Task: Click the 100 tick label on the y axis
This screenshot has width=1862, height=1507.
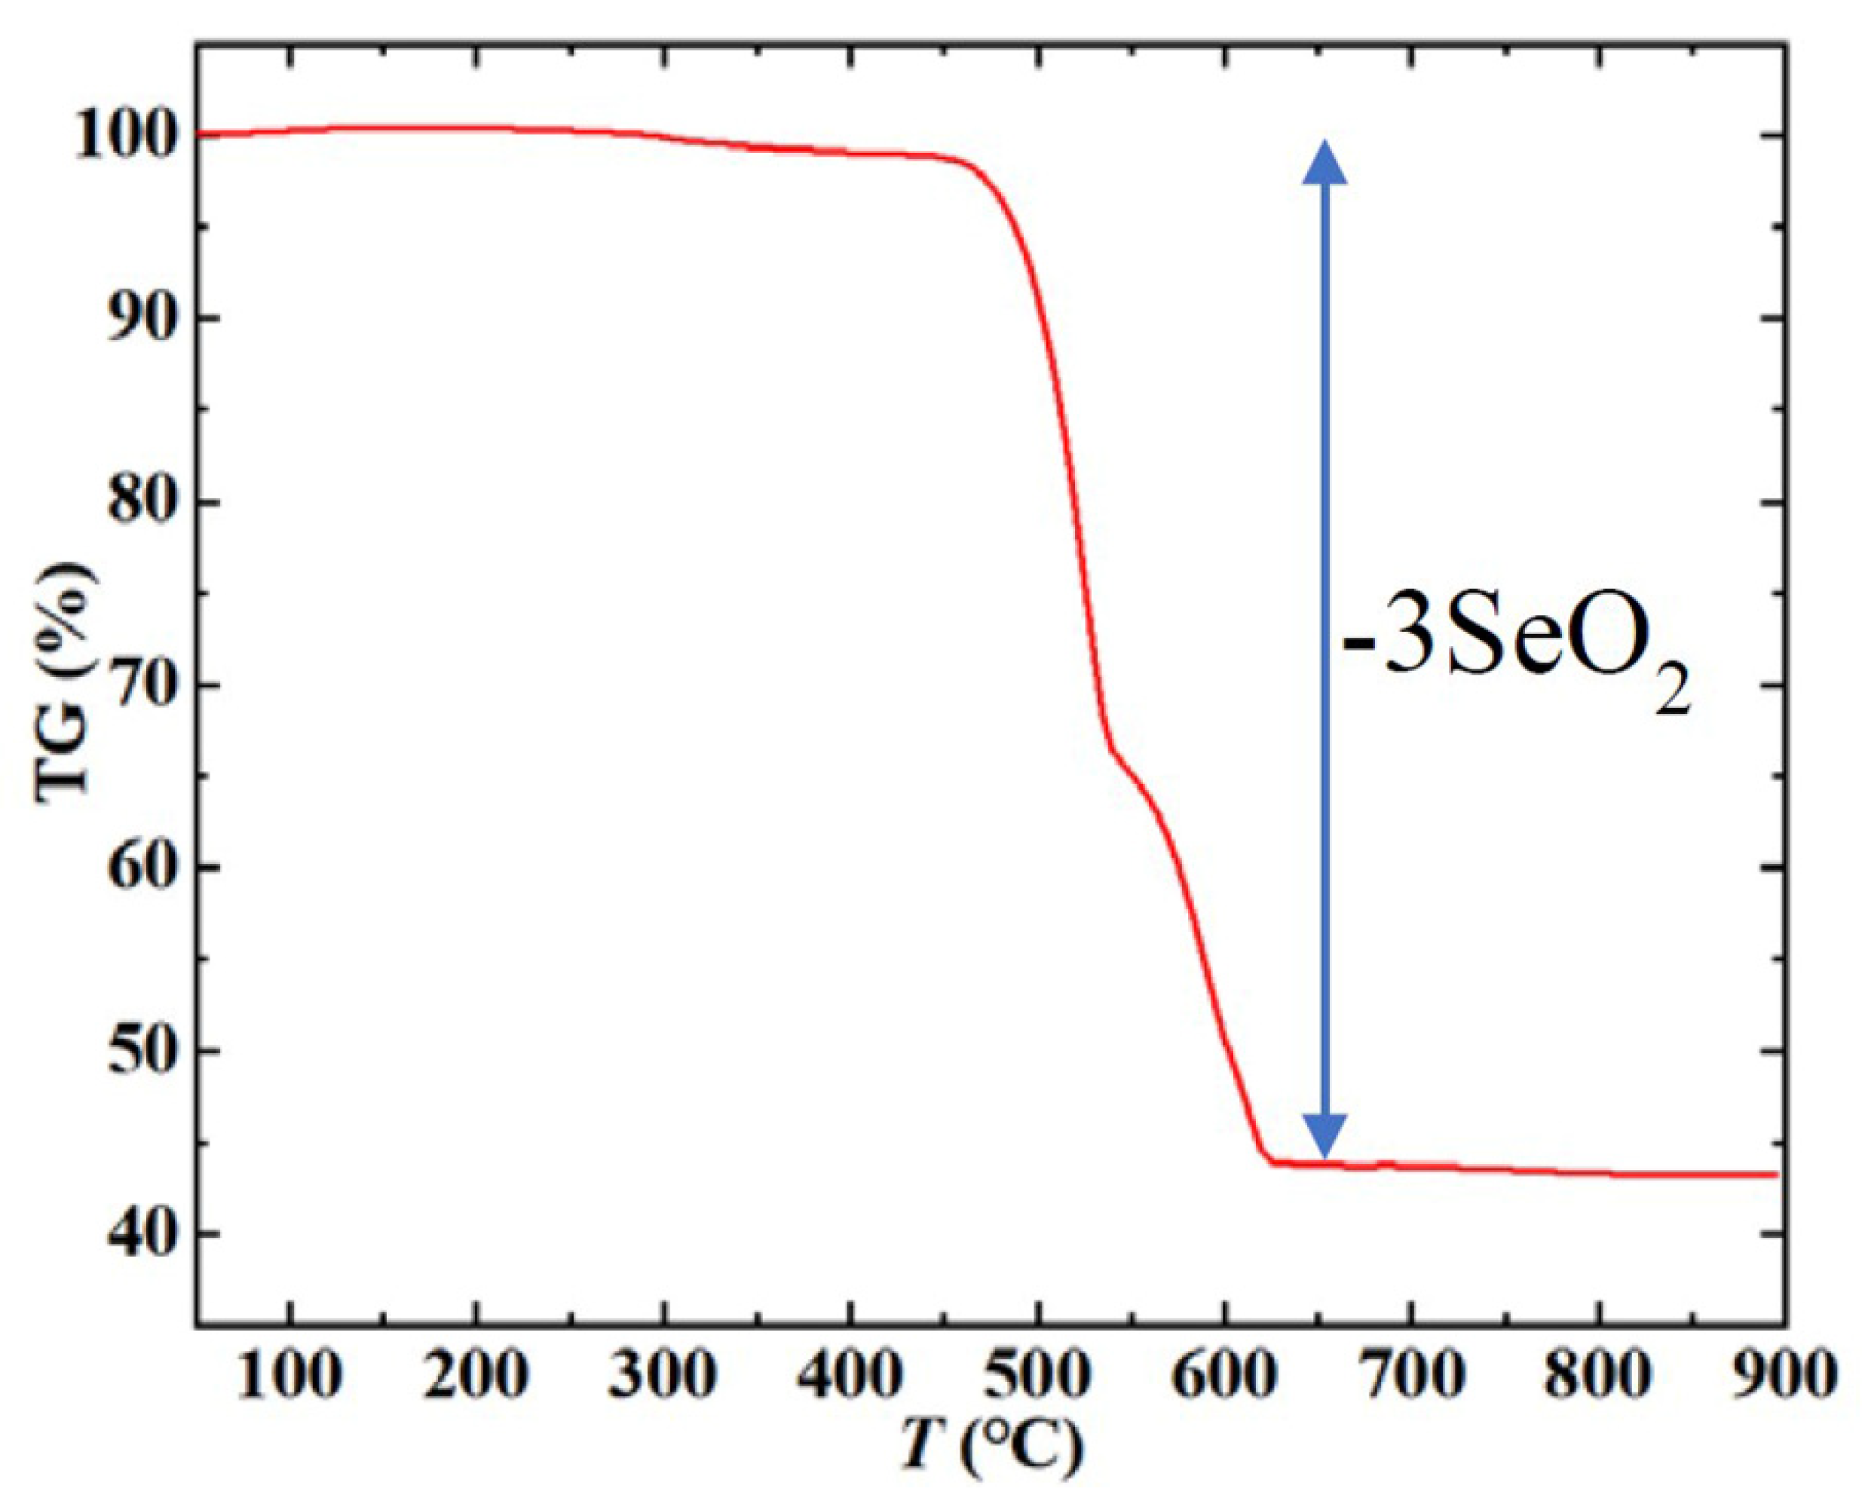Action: (127, 137)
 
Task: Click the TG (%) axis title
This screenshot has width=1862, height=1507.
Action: (65, 686)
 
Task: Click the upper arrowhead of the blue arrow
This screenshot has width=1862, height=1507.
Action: (1325, 163)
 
